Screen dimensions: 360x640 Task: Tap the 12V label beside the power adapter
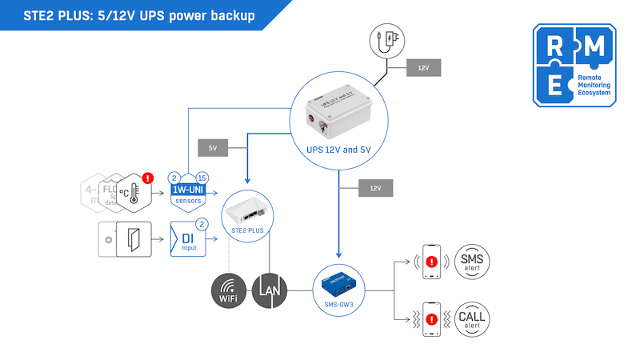tap(422, 69)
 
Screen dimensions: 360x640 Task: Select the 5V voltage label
tap(213, 148)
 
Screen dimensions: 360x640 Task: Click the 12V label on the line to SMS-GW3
tap(376, 188)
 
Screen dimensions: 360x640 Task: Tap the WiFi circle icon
tap(229, 290)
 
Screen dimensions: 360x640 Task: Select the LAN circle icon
tap(268, 290)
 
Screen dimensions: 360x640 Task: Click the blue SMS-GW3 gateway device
tap(338, 282)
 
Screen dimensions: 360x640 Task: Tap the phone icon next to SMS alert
tap(431, 261)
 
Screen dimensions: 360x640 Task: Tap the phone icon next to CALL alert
tap(431, 318)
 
